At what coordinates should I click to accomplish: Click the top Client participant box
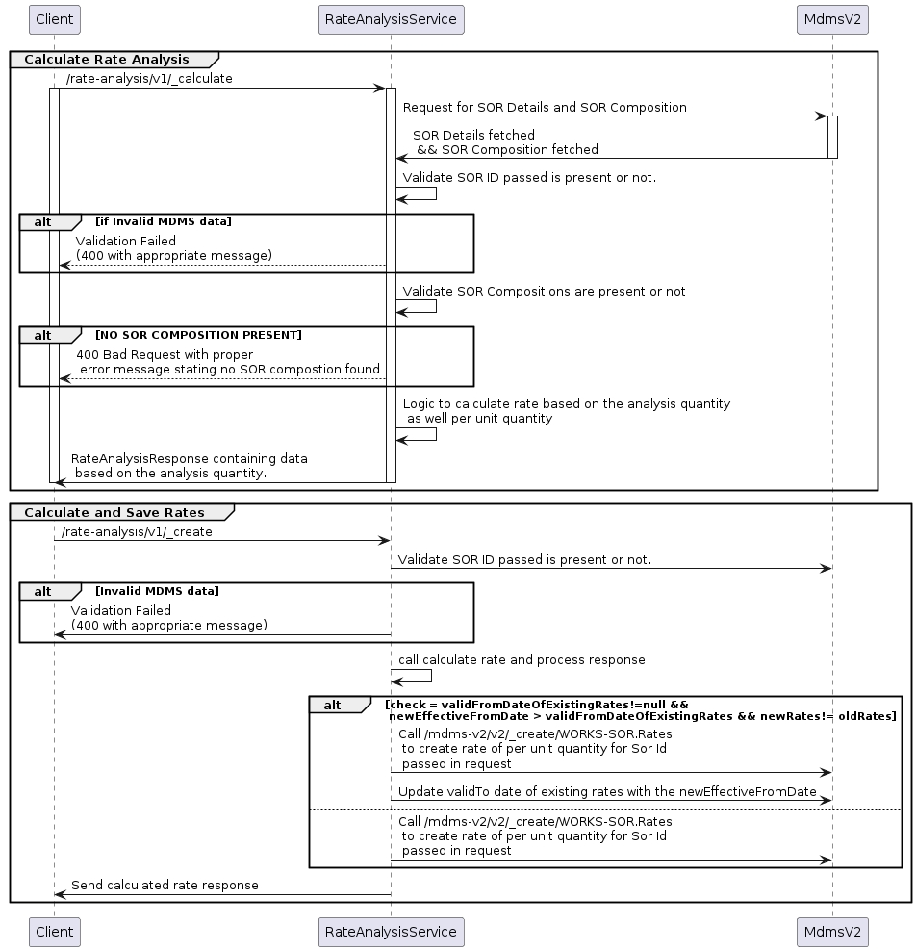54,18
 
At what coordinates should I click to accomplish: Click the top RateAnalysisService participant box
391,18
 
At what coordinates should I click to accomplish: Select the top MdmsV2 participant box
832,18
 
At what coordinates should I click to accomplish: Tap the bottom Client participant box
54,932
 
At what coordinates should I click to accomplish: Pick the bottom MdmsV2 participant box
832,932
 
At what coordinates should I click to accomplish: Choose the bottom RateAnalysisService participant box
391,932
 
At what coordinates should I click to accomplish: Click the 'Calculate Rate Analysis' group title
107,60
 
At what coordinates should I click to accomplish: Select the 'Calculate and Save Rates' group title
114,512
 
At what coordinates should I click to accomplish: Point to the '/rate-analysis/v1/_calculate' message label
149,79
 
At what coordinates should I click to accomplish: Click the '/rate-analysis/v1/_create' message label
137,531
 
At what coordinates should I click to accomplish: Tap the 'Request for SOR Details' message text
545,108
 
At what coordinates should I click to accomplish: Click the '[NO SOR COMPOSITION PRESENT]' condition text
198,335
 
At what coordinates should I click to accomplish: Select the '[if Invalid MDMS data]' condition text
163,221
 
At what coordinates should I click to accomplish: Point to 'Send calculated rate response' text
165,885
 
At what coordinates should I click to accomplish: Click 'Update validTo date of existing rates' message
607,791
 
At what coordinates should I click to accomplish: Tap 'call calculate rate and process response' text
522,660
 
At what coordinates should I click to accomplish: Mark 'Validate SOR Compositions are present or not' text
544,291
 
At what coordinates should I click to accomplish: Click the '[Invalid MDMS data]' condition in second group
157,591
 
